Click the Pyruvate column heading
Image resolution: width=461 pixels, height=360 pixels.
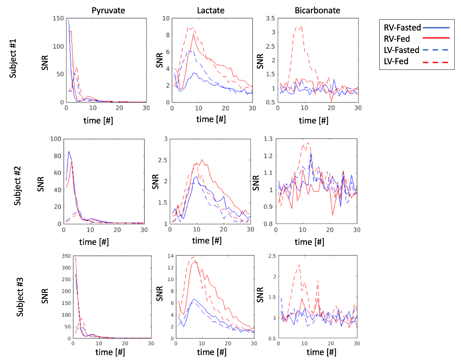(x=108, y=11)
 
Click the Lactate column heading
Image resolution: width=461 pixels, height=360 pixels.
(x=211, y=11)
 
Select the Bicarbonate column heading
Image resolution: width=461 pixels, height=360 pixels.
(x=317, y=11)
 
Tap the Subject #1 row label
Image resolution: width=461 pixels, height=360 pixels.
(x=13, y=59)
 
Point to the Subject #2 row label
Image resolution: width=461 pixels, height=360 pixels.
(x=18, y=186)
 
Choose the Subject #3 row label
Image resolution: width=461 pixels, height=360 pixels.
(x=20, y=297)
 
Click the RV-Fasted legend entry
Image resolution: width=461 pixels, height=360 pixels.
(x=402, y=28)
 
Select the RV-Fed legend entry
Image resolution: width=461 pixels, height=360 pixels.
(x=397, y=39)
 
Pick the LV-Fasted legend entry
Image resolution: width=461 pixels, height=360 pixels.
(x=401, y=50)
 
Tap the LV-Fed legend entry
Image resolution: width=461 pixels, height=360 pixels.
(x=396, y=61)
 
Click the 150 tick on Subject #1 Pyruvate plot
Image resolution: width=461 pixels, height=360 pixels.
(x=58, y=18)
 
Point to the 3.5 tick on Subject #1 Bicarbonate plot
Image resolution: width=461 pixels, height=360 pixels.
(x=270, y=18)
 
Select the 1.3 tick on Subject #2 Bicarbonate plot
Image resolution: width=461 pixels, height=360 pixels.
(x=268, y=139)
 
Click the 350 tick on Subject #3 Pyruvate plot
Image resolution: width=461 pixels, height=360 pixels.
(x=66, y=256)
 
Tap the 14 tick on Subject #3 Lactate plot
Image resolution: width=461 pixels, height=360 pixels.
(x=171, y=256)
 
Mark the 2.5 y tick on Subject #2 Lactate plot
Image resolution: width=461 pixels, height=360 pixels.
(x=162, y=160)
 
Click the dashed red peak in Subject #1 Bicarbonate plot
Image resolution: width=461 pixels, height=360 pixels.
(x=301, y=26)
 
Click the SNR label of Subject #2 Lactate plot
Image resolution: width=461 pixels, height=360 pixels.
(x=155, y=182)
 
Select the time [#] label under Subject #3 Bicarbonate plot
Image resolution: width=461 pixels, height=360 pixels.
(x=321, y=352)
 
